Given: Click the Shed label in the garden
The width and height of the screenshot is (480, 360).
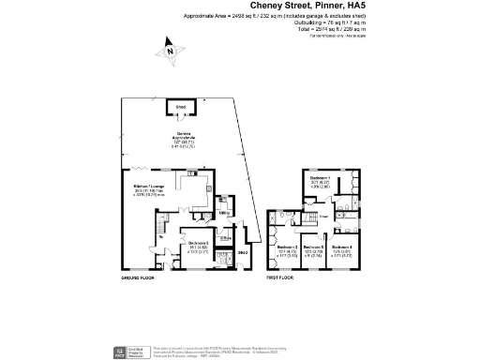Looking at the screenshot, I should (x=179, y=108).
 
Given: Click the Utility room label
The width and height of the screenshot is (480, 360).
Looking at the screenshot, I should (x=224, y=214).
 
